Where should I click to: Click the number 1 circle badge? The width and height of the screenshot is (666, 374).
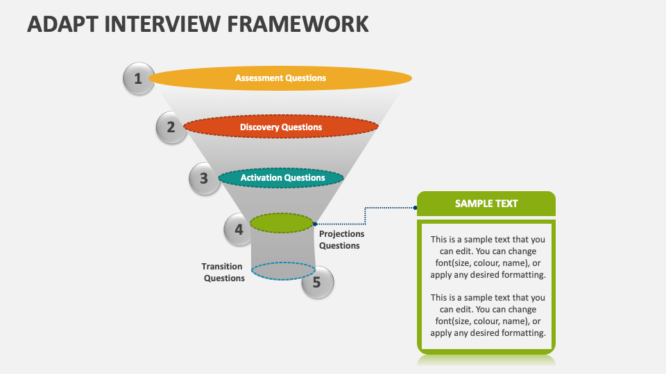(138, 79)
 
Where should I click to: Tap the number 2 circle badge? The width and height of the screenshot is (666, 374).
(171, 127)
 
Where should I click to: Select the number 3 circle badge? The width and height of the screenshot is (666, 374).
(204, 179)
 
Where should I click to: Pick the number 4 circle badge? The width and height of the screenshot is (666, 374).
(239, 229)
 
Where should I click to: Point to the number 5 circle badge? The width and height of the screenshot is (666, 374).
(317, 283)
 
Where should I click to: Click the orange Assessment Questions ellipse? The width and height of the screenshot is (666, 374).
(280, 78)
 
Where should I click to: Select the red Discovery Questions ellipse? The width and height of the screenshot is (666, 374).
(281, 127)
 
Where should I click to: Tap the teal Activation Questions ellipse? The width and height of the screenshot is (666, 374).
(281, 178)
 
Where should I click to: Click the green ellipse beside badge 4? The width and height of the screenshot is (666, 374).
(282, 223)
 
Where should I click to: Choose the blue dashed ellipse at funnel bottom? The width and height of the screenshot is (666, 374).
(282, 271)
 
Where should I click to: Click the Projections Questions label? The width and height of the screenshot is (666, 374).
(341, 240)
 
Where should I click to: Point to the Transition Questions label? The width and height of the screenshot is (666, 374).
(223, 272)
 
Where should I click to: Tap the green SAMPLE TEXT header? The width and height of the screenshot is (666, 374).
(486, 204)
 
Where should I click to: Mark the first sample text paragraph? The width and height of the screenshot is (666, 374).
(487, 257)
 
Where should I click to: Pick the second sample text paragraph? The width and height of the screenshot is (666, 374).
(487, 314)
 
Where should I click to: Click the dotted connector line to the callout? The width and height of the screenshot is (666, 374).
(366, 215)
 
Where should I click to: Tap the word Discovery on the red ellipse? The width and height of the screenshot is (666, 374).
(259, 127)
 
